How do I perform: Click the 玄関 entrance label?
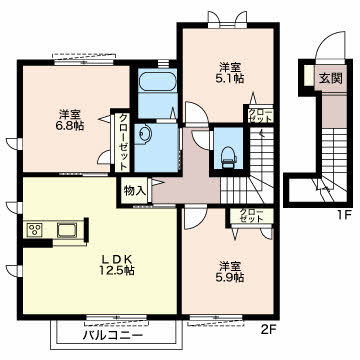click(331, 78)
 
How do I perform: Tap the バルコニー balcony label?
click(113, 335)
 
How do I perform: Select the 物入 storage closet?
click(135, 191)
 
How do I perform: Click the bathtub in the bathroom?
click(157, 81)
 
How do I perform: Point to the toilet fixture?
click(228, 157)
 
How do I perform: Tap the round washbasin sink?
click(144, 134)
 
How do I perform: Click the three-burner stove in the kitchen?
click(34, 230)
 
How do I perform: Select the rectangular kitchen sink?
click(67, 230)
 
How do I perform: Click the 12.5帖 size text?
click(116, 270)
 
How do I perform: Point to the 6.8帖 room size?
click(70, 126)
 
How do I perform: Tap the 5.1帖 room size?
click(230, 78)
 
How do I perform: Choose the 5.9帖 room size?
click(230, 277)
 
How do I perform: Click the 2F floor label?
click(268, 330)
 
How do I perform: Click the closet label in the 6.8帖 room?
click(123, 142)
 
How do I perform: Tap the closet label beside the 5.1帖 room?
click(260, 115)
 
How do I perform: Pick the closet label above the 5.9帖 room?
click(251, 216)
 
